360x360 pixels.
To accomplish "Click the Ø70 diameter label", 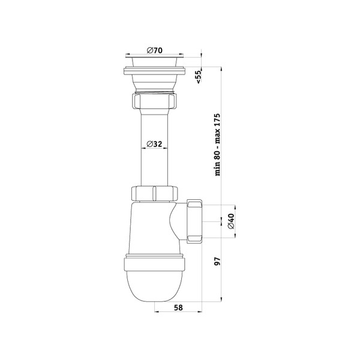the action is pyautogui.click(x=155, y=50).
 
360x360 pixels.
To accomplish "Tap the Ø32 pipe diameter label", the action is pyautogui.click(x=154, y=144).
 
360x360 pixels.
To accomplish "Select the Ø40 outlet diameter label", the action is pyautogui.click(x=231, y=221).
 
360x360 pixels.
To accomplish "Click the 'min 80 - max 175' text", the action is pyautogui.click(x=217, y=145).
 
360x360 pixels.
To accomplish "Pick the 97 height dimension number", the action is pyautogui.click(x=217, y=262).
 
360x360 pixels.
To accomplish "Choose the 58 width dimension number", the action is pyautogui.click(x=178, y=307).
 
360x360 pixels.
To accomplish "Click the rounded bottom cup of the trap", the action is pyautogui.click(x=154, y=286).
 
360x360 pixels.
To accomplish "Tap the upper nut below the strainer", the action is pyautogui.click(x=155, y=100).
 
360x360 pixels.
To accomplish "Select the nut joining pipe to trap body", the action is pyautogui.click(x=155, y=194).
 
